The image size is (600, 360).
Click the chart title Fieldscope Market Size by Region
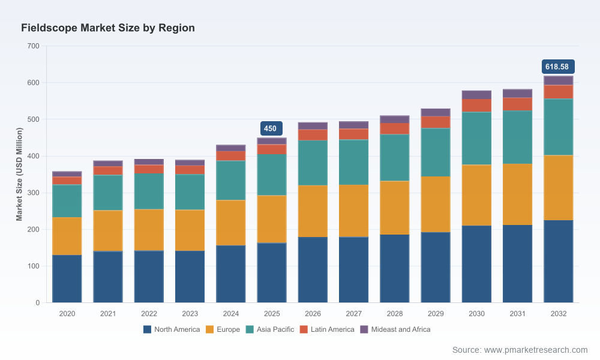(x=108, y=28)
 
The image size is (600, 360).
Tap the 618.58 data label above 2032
(x=558, y=67)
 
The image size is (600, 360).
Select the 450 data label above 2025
(x=271, y=128)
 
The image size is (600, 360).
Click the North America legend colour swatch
(x=148, y=329)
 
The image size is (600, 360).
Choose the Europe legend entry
(x=223, y=329)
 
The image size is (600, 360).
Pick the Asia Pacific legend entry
(x=270, y=329)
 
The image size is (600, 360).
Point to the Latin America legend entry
(x=327, y=329)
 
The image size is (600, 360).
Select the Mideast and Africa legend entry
(x=395, y=329)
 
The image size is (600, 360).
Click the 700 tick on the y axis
(x=33, y=46)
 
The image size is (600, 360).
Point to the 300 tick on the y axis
(x=33, y=193)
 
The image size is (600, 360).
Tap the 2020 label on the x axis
(x=67, y=314)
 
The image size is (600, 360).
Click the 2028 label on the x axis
(x=395, y=314)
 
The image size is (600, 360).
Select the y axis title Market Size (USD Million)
(x=19, y=174)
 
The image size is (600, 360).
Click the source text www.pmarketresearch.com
(x=536, y=350)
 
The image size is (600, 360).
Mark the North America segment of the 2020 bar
(x=67, y=279)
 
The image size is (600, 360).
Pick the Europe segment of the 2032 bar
(x=558, y=188)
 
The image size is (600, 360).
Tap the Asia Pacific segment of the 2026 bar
(x=313, y=163)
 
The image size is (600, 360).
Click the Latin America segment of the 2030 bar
(x=476, y=106)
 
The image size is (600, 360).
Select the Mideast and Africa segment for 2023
(x=190, y=163)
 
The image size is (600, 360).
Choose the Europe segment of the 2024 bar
(x=231, y=223)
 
